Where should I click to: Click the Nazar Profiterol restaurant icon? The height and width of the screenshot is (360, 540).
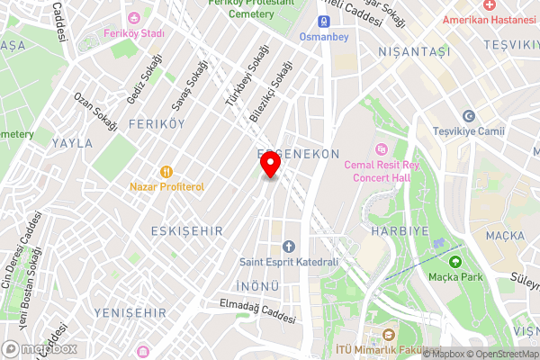166,171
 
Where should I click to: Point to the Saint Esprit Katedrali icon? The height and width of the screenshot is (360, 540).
289,247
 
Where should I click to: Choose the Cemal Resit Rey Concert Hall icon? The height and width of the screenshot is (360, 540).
382,149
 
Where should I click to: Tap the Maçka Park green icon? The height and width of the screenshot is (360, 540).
455,262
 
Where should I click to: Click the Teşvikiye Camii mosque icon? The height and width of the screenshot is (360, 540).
468,116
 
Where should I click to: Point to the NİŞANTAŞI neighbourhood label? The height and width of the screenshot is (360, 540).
414,51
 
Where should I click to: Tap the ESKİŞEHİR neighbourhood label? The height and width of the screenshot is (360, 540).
187,231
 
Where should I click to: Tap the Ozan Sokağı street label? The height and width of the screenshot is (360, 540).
96,112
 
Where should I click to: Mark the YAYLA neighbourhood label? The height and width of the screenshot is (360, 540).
72,143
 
